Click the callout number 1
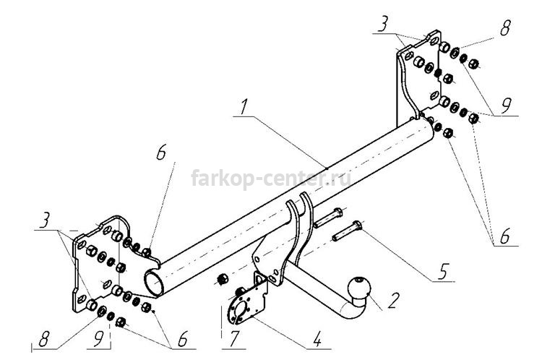[244, 107]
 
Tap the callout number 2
[393, 301]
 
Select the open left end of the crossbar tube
[154, 282]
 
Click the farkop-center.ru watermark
[271, 179]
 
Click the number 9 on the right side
[506, 106]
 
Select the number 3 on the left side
[44, 220]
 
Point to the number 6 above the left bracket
[161, 152]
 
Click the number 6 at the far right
[505, 236]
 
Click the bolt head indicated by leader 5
[357, 225]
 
